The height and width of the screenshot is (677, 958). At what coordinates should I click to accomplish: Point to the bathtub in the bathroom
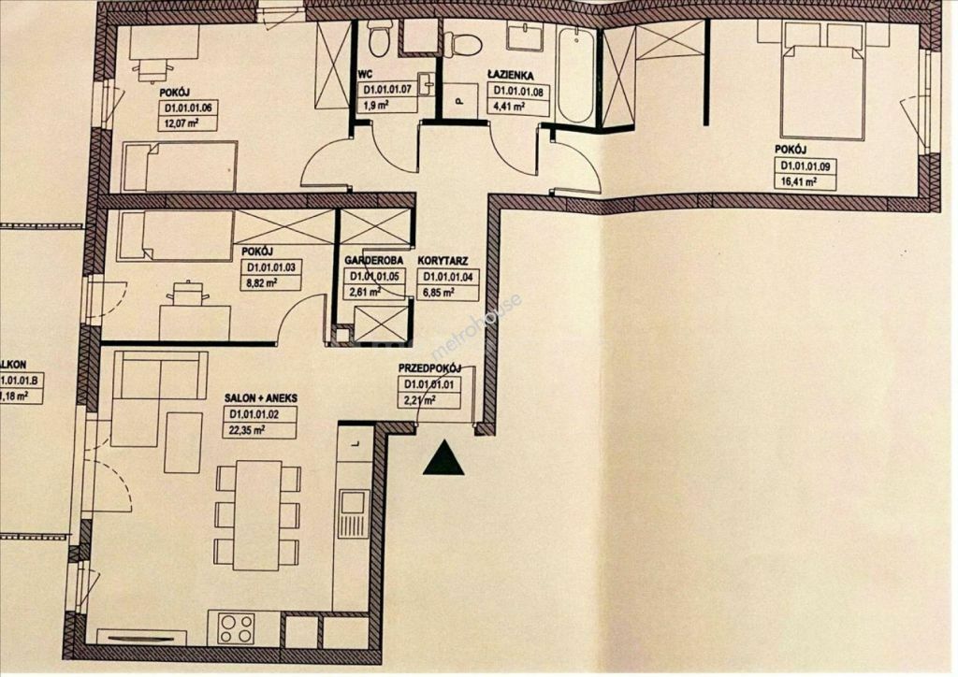[574, 76]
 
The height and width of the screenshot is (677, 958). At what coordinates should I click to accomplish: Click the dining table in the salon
[257, 514]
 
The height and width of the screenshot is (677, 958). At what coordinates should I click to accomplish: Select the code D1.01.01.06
[188, 108]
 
